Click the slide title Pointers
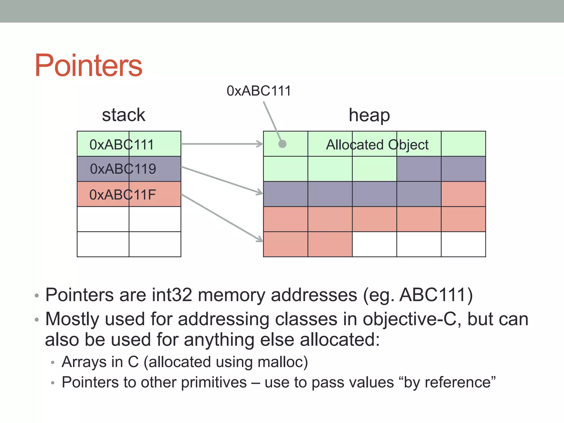click(x=88, y=65)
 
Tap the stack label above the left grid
click(x=123, y=115)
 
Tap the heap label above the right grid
click(x=369, y=115)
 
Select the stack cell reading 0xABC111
click(x=122, y=144)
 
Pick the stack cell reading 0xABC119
click(x=123, y=169)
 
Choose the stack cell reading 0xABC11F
click(x=123, y=194)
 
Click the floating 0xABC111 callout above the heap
click(x=259, y=91)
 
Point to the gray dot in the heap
click(x=282, y=144)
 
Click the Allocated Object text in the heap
click(x=377, y=145)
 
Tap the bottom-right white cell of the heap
click(x=463, y=244)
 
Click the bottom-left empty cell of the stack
click(x=103, y=244)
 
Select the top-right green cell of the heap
click(x=463, y=144)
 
